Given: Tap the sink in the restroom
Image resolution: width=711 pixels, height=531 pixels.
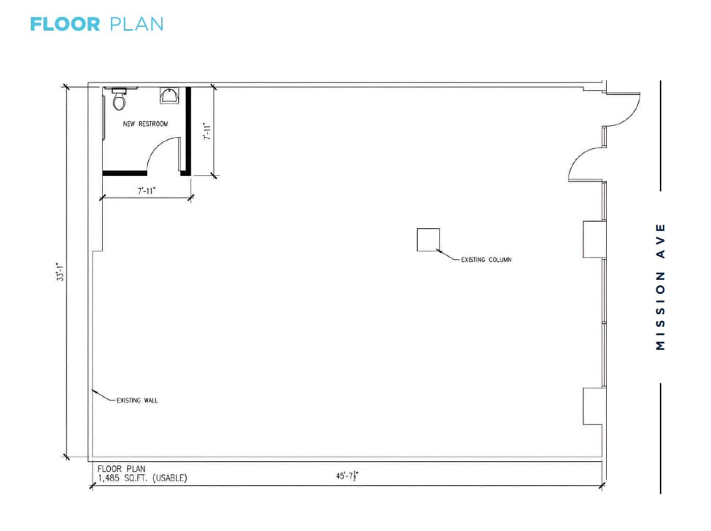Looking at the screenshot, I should click(x=169, y=96).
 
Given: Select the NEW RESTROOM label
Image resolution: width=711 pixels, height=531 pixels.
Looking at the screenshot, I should click(x=145, y=124).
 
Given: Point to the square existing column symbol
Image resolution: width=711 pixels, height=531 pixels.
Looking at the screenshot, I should click(x=428, y=240).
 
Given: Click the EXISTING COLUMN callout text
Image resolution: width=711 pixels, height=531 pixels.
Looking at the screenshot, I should click(x=486, y=260).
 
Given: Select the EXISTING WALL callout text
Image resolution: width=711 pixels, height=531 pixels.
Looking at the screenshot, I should click(x=137, y=400).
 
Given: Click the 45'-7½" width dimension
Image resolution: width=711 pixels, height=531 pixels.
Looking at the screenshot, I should click(x=347, y=476).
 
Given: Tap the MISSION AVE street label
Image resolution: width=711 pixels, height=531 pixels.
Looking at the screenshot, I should click(x=661, y=286).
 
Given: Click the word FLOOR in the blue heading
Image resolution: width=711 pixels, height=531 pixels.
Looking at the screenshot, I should click(x=65, y=23).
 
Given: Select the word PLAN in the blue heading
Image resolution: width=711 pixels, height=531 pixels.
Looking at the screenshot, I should click(x=136, y=23).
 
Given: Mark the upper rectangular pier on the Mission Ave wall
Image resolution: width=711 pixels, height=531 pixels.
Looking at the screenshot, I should click(x=594, y=239).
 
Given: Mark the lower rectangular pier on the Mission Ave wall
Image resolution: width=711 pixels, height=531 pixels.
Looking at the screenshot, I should click(x=594, y=406).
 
